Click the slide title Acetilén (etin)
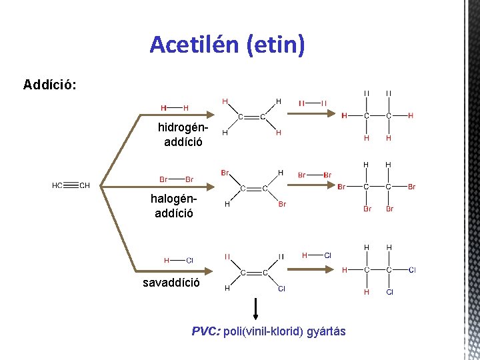pyautogui.click(x=227, y=45)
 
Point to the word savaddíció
pyautogui.click(x=171, y=282)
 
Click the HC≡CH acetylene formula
pyautogui.click(x=71, y=185)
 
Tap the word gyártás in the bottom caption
pyautogui.click(x=326, y=331)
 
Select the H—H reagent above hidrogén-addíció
pyautogui.click(x=174, y=107)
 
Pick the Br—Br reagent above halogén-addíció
pyautogui.click(x=176, y=179)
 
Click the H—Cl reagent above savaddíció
pyautogui.click(x=178, y=260)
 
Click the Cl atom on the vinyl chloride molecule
pyautogui.click(x=281, y=289)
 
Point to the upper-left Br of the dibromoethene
pyautogui.click(x=225, y=173)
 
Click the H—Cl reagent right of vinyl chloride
pyautogui.click(x=317, y=255)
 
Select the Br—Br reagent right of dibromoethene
pyautogui.click(x=314, y=175)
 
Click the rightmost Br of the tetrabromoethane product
pyautogui.click(x=411, y=187)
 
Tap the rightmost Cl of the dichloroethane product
pyautogui.click(x=412, y=269)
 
